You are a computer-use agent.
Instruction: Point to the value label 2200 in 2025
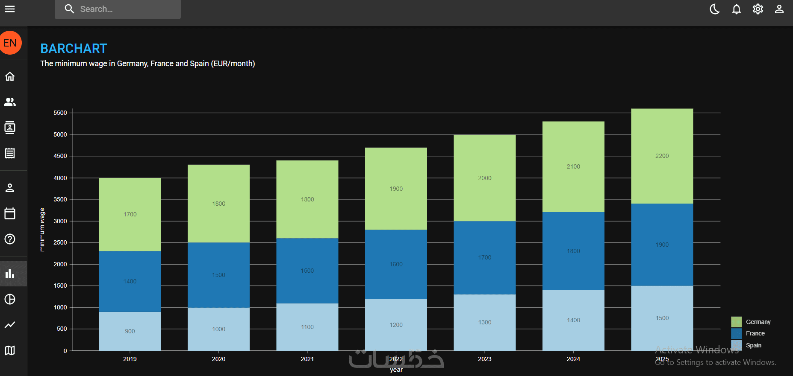662,156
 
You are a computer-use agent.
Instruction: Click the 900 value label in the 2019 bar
130,331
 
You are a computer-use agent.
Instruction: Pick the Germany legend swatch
736,322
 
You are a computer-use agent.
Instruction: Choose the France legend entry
755,333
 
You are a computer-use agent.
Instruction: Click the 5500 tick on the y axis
60,113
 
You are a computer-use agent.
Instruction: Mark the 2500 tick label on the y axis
60,243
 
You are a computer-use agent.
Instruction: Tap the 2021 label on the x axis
307,359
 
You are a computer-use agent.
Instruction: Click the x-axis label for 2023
484,359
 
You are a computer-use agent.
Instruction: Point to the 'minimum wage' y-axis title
42,230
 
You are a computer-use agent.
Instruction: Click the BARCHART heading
74,49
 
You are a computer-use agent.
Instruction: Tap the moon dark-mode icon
715,9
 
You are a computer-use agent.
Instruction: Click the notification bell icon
736,9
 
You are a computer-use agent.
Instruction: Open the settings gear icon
758,9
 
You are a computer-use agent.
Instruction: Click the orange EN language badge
10,43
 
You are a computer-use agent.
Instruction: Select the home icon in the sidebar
10,76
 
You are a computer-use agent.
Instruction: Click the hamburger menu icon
10,9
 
